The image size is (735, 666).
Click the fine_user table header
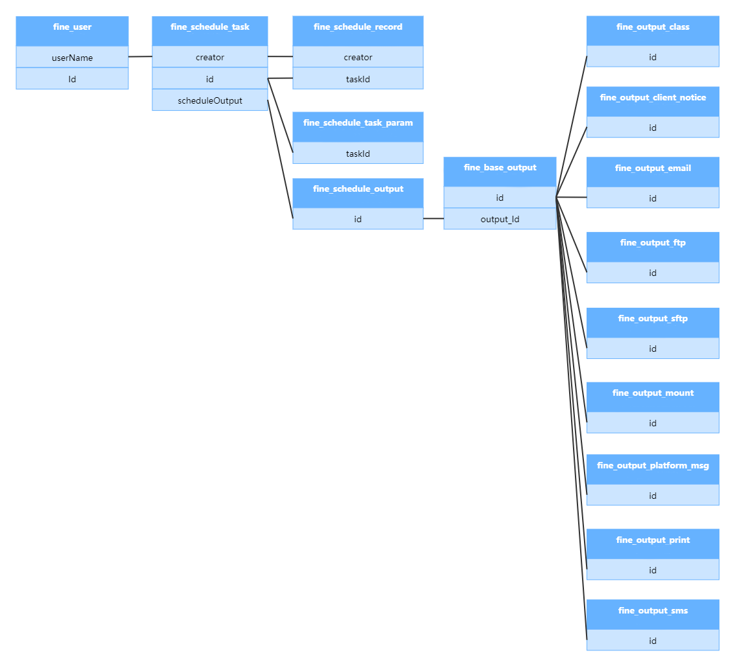[x=72, y=28]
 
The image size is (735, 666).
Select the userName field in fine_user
[x=72, y=58]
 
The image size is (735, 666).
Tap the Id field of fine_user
[x=72, y=79]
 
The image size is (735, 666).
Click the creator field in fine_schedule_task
[x=210, y=58]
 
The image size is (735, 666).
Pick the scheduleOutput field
[x=210, y=100]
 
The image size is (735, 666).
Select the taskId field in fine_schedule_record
[x=358, y=79]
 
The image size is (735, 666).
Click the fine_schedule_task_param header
[x=358, y=123]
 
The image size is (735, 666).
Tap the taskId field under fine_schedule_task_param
[x=358, y=154]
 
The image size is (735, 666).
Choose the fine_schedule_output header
[x=358, y=189]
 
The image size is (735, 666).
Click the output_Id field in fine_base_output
[x=500, y=219]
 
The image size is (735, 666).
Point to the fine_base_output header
[x=500, y=168]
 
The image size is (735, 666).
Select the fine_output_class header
[x=653, y=27]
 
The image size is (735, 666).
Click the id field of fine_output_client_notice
[x=653, y=128]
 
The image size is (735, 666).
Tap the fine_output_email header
[x=653, y=168]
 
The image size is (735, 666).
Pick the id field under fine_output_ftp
[x=653, y=273]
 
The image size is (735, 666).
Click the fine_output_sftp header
[x=653, y=319]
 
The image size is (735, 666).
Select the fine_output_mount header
[x=653, y=393]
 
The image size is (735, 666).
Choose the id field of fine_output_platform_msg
[x=653, y=496]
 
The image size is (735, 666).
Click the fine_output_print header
[x=653, y=540]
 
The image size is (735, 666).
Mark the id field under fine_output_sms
[x=653, y=641]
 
